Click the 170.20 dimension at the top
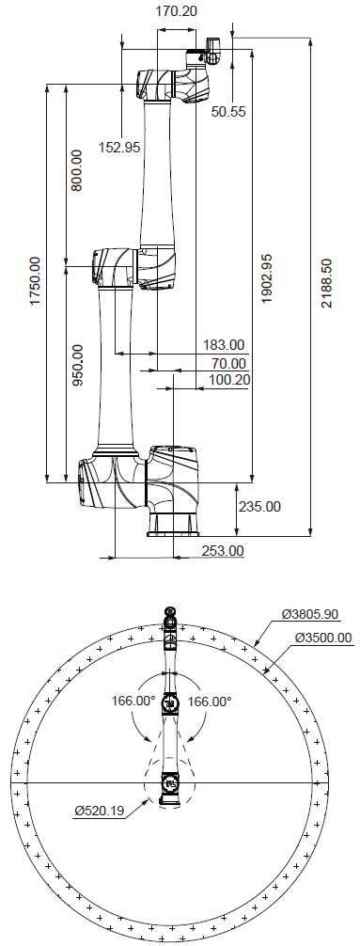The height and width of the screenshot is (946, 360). [x=179, y=11]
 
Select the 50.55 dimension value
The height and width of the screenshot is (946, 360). [x=228, y=112]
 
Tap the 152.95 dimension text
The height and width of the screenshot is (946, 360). [x=119, y=147]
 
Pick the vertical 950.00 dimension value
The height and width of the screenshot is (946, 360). [x=77, y=365]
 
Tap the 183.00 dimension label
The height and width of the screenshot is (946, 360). [x=223, y=345]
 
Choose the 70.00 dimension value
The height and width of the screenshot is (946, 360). [x=228, y=363]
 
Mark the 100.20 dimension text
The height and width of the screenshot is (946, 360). [x=228, y=380]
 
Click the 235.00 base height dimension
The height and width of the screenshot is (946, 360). [x=259, y=506]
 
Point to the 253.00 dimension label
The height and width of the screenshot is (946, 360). [x=223, y=550]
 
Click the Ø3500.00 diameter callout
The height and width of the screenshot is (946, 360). [x=322, y=638]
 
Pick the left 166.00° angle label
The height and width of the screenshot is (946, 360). [x=133, y=701]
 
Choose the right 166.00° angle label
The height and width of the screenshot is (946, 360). [x=209, y=701]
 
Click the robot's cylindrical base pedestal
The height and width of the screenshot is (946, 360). [x=171, y=523]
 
